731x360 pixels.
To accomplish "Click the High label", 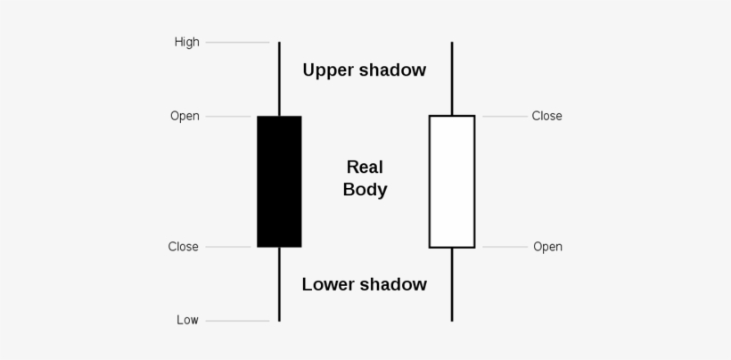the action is tap(187, 42).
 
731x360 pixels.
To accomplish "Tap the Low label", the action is tap(187, 320).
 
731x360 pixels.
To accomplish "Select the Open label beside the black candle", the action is tap(185, 116).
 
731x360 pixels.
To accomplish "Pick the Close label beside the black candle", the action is tap(184, 246).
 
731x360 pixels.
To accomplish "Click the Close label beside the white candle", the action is tap(546, 116).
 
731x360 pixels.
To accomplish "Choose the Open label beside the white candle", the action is tap(547, 247).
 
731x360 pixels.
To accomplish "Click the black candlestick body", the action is tap(279, 182).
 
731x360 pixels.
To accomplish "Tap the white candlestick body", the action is tap(452, 182).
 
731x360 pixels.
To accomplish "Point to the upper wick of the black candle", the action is tap(279, 78).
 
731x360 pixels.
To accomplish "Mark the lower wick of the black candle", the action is tap(279, 284).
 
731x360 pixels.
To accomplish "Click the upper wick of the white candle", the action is tap(452, 78).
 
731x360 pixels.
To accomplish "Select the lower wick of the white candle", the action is tap(452, 284).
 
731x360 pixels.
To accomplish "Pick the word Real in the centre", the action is tap(365, 168).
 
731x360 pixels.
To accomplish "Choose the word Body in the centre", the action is tap(365, 191).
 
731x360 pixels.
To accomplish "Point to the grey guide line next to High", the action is tap(237, 43).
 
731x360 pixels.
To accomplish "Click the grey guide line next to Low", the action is tap(237, 321).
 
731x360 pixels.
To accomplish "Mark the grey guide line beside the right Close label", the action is tap(505, 117).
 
